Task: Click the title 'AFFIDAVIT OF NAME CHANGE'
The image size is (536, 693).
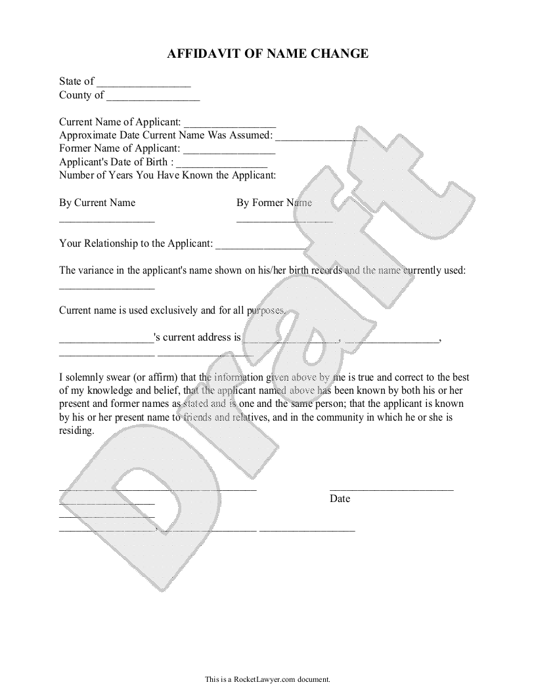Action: point(267,54)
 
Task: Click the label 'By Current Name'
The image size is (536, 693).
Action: point(97,203)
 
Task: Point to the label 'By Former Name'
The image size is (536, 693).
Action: point(274,203)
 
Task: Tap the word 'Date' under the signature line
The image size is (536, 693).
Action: point(340,499)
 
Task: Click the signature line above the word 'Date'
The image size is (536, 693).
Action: point(391,490)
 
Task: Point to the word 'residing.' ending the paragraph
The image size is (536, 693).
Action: point(77,431)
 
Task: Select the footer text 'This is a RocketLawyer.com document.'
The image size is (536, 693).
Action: point(267,679)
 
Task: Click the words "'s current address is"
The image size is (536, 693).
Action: point(197,337)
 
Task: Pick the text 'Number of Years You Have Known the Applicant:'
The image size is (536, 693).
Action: point(167,175)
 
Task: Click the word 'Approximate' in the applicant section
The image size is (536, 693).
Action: point(87,135)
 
